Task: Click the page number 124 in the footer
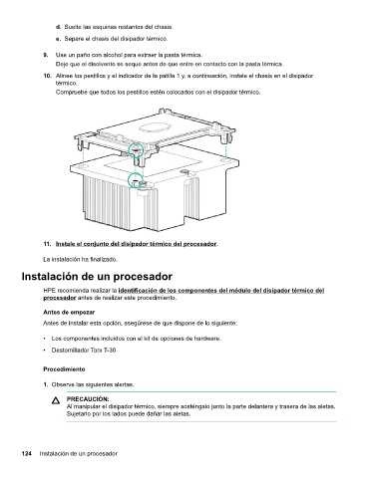tap(26, 453)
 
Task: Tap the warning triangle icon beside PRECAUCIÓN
tap(56, 401)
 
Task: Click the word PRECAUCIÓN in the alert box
tap(88, 399)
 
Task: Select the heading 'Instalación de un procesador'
tap(97, 276)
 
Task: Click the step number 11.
tap(47, 244)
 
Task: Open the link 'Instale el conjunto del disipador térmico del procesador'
tap(136, 244)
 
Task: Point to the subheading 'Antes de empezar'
tap(69, 313)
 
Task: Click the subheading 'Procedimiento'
tap(64, 369)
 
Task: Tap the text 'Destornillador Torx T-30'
tap(84, 351)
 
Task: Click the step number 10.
tap(47, 76)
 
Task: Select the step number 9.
tap(46, 55)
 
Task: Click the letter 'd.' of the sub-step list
tap(58, 27)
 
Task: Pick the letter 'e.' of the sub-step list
tap(58, 39)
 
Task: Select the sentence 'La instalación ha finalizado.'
tap(80, 259)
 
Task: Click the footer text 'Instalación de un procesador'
tap(79, 453)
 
